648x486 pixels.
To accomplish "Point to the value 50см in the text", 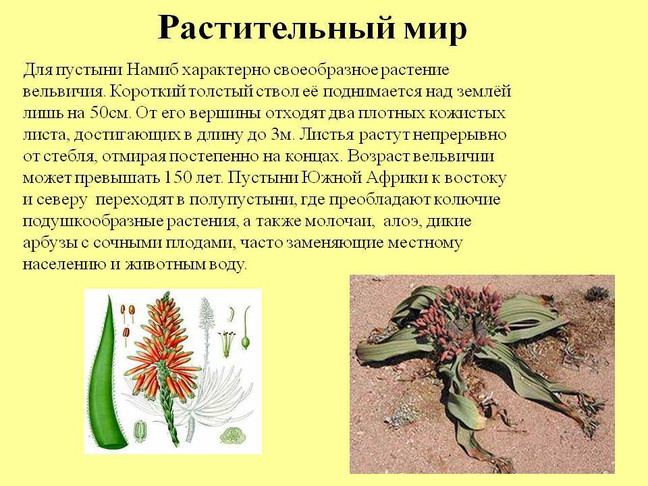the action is (109, 113).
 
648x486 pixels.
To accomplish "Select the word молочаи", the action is (339, 221).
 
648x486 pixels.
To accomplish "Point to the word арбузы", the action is (49, 243).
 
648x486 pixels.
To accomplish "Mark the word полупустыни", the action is (242, 200).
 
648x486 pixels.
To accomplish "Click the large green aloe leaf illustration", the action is (104, 375).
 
